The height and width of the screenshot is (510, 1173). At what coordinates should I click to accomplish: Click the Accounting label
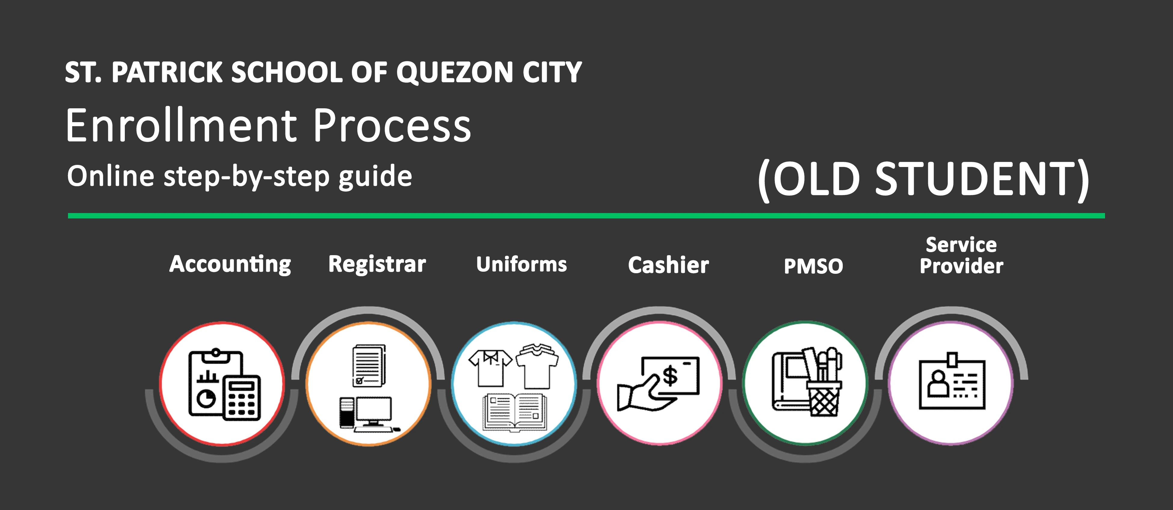pyautogui.click(x=230, y=264)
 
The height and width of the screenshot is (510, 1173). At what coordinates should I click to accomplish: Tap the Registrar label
pyautogui.click(x=377, y=264)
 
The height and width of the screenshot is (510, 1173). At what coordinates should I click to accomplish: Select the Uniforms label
pyautogui.click(x=522, y=264)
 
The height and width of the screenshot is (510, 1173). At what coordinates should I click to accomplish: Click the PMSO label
pyautogui.click(x=813, y=266)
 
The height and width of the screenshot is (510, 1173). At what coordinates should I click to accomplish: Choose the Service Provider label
pyautogui.click(x=961, y=255)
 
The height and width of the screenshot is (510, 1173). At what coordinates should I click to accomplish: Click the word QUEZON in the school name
pyautogui.click(x=455, y=73)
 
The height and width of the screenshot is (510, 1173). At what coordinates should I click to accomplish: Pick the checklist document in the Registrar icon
pyautogui.click(x=369, y=366)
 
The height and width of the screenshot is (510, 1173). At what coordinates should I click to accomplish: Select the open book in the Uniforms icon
pyautogui.click(x=515, y=412)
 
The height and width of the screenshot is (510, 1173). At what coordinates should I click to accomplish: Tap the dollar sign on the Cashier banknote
pyautogui.click(x=670, y=376)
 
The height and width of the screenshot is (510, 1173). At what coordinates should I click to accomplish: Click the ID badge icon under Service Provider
pyautogui.click(x=952, y=382)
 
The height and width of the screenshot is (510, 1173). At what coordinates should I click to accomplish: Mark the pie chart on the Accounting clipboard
pyautogui.click(x=206, y=398)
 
